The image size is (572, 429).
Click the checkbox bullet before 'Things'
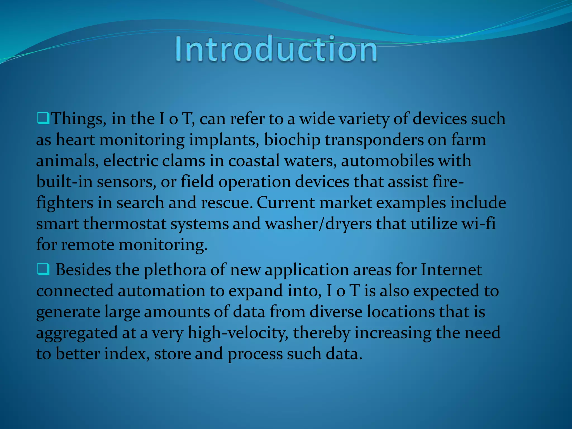coord(43,119)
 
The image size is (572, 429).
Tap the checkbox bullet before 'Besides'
coord(43,270)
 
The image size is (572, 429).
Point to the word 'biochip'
coord(292,140)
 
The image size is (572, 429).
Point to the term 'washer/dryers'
coord(318,224)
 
